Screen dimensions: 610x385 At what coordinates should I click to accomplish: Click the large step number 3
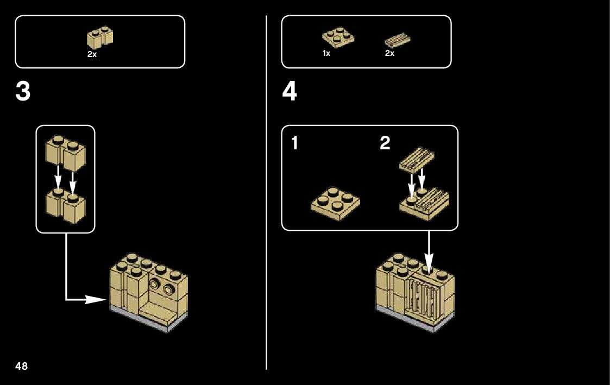coord(23,92)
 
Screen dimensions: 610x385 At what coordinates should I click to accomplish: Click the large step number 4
coord(290,92)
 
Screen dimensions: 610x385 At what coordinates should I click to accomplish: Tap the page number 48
coord(22,365)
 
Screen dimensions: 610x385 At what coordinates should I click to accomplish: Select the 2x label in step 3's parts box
coord(92,55)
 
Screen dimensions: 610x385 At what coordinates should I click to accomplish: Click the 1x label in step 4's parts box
coord(326,54)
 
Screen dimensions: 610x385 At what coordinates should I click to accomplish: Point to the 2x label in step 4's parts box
coord(389,54)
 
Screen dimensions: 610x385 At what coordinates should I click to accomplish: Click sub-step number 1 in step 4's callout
coord(294,144)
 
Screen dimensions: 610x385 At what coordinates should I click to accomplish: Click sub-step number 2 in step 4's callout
coord(385,144)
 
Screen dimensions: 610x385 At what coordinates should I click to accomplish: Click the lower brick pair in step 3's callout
coord(65,206)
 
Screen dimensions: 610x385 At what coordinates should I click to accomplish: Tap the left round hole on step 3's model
coord(156,284)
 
